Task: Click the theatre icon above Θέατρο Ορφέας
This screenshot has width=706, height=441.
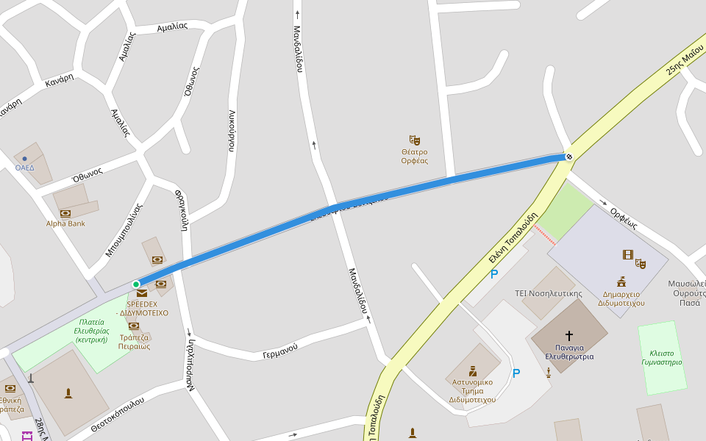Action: [x=414, y=140]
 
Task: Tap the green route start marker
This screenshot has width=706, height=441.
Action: [x=136, y=284]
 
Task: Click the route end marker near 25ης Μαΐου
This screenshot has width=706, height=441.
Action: [x=568, y=157]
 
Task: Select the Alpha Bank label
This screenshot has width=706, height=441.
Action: [x=65, y=223]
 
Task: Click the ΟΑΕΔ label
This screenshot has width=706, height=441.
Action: [x=25, y=168]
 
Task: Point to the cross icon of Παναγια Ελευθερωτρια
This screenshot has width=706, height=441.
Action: [x=569, y=336]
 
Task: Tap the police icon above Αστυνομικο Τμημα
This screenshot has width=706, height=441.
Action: [x=472, y=371]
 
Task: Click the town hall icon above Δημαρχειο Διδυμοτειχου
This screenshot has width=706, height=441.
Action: [x=621, y=281]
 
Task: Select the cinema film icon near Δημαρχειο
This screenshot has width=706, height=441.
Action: [x=627, y=255]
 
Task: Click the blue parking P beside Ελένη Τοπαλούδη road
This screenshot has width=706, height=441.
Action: [x=494, y=274]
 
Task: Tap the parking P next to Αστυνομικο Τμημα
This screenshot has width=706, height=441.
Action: [x=516, y=373]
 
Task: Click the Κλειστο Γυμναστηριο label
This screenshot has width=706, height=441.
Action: [x=661, y=357]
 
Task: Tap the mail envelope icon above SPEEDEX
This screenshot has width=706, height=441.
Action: [x=141, y=293]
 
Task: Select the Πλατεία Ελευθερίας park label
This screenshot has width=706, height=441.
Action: [x=92, y=331]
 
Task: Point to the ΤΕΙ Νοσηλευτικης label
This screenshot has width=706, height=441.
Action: [x=549, y=293]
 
